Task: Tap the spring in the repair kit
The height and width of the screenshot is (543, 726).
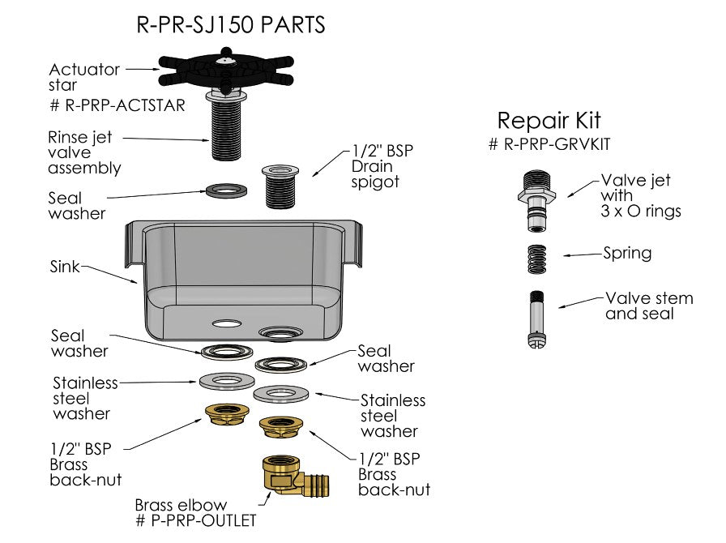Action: (x=537, y=259)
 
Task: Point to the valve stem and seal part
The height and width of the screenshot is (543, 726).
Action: (x=536, y=319)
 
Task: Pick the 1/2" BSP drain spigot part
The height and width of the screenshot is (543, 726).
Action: (x=280, y=186)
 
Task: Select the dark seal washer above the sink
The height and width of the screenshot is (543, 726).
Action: (x=226, y=190)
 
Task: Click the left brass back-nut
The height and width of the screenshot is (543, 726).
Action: (x=227, y=414)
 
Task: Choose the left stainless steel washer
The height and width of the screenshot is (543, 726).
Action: (x=227, y=381)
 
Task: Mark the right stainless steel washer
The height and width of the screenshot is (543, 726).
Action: (x=281, y=394)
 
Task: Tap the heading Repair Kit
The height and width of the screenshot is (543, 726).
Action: (x=549, y=121)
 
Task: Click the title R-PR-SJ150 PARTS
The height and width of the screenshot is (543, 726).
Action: (x=231, y=24)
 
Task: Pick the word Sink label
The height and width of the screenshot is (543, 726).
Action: (x=64, y=267)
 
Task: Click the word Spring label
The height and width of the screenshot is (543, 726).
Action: (x=627, y=254)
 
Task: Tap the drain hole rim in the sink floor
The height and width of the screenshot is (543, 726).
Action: (x=280, y=332)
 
